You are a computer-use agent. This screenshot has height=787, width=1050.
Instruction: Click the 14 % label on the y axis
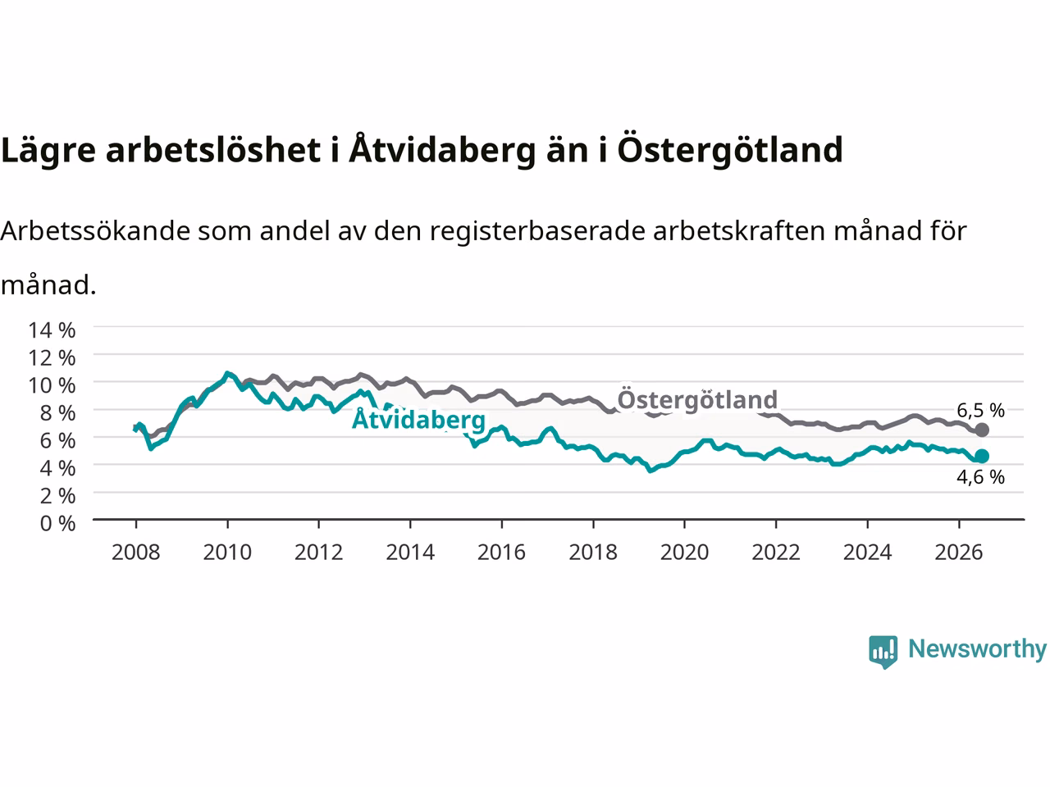pos(52,330)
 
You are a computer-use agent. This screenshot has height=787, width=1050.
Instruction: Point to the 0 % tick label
pos(58,524)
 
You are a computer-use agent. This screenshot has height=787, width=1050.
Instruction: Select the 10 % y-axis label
pos(52,385)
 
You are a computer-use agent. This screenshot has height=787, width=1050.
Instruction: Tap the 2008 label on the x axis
pos(136,553)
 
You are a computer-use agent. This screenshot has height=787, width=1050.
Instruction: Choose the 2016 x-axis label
pos(501,553)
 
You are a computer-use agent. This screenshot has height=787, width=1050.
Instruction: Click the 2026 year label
pos(959,553)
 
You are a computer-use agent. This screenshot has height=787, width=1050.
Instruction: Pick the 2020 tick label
pos(684,553)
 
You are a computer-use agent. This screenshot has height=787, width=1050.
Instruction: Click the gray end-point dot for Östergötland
pos(982,430)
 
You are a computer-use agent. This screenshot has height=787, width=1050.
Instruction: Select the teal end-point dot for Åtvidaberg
pos(982,457)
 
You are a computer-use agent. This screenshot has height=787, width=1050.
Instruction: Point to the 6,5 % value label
pos(980,410)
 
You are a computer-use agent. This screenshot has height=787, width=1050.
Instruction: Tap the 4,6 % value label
pos(980,477)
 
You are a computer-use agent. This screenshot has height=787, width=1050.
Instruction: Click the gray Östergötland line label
pos(697,399)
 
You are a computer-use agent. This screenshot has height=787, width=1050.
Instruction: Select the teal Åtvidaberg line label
pos(418,419)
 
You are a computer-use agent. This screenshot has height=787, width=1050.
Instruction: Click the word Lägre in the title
pos(48,151)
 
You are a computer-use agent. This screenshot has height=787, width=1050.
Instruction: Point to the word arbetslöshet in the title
pos(212,150)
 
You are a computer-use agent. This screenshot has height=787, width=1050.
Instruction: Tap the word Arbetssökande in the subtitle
pos(96,231)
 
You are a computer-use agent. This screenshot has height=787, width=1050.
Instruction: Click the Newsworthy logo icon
pos(883,652)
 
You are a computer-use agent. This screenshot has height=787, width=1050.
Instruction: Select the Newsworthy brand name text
pos(977,649)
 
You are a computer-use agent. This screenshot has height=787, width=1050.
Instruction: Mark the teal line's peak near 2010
pos(228,373)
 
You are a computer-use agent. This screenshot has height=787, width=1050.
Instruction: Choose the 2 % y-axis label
pos(58,496)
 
